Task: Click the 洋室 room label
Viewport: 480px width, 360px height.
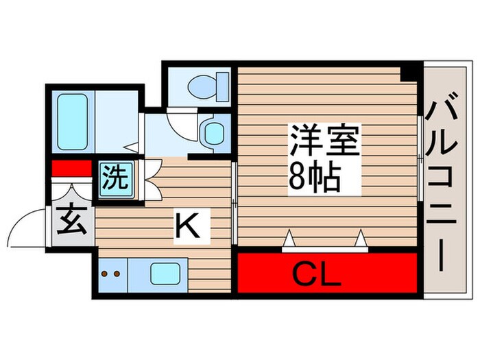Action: pyautogui.click(x=324, y=142)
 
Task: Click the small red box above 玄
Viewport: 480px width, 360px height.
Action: pyautogui.click(x=72, y=168)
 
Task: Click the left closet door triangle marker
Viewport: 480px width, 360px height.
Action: pyautogui.click(x=290, y=239)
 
